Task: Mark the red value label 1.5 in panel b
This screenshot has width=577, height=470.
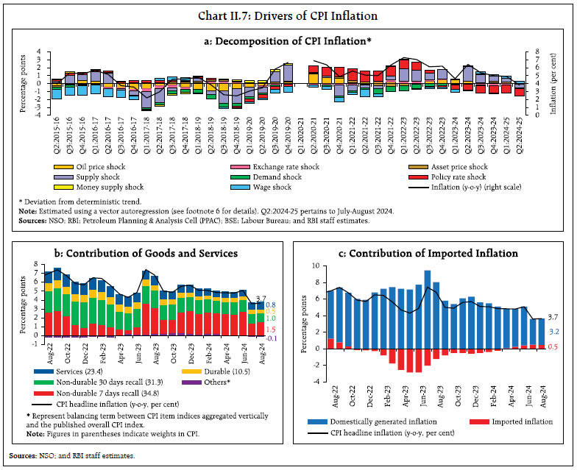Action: click(270, 330)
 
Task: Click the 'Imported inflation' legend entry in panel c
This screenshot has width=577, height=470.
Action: click(516, 421)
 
